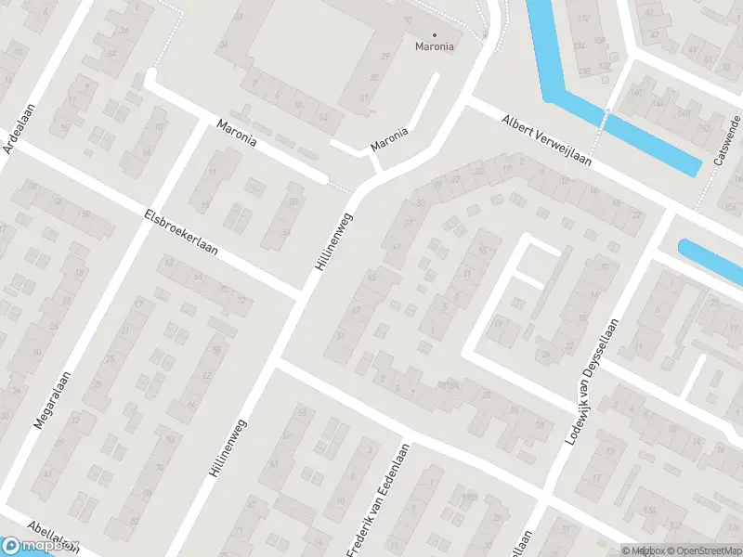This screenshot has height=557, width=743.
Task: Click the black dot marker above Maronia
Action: pos(435,34)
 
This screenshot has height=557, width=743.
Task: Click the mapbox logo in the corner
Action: pos(41,546)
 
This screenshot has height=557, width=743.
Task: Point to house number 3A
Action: pos(124,29)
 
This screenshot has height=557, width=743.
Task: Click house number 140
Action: pos(636,92)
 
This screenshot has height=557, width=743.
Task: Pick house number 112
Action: pos(583,19)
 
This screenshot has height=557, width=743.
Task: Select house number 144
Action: pos(659,103)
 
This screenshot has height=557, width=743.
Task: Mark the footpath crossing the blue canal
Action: pos(606,113)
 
